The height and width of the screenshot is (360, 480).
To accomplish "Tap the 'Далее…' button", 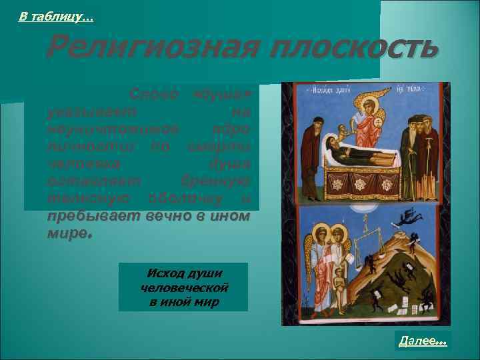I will (423, 341).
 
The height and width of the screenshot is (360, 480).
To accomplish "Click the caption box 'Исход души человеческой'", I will (183, 287).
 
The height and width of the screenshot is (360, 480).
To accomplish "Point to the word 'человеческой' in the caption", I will (184, 287).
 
